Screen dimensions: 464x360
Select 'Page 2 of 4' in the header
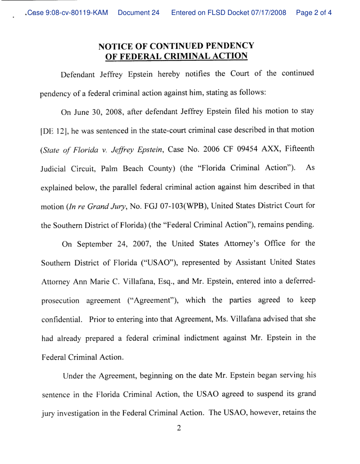[x=314, y=13]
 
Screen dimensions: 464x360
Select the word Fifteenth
[x=296, y=143]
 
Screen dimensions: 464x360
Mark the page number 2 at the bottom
[x=178, y=428]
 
